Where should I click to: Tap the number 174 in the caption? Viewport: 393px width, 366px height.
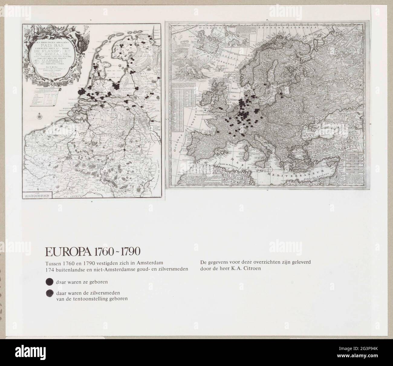[50, 269]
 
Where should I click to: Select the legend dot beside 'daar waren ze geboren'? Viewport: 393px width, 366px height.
[49, 282]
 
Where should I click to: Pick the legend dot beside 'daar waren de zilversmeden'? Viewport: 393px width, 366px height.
[49, 293]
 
